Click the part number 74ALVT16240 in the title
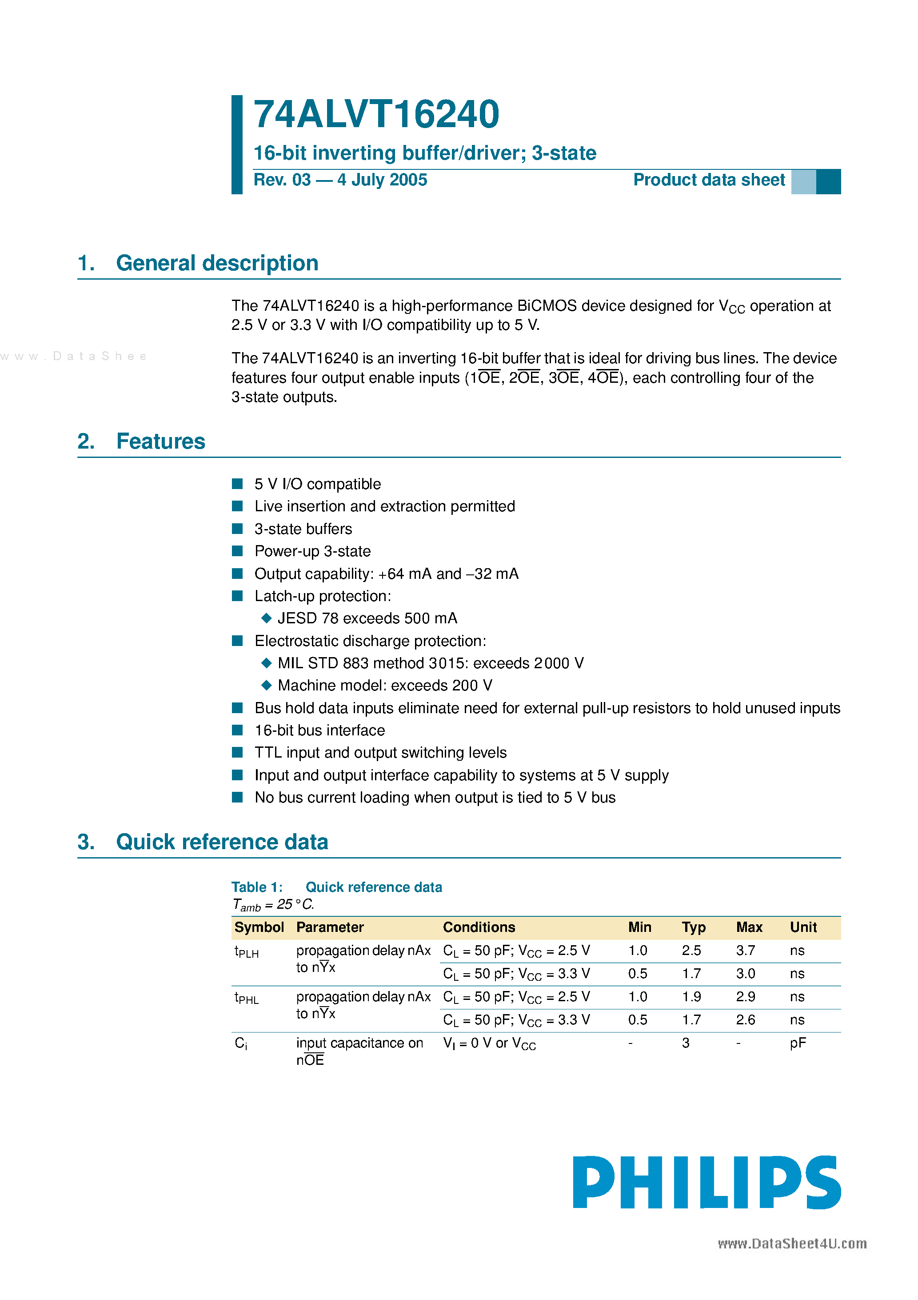click(x=376, y=115)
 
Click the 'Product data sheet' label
click(x=709, y=180)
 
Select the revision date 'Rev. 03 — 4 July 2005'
click(x=340, y=180)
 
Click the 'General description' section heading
click(x=217, y=263)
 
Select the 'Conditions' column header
click(x=479, y=927)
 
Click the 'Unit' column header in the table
click(x=803, y=927)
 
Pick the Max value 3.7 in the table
click(x=746, y=951)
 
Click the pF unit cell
click(x=798, y=1043)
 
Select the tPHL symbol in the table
click(x=246, y=998)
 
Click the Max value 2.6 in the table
click(x=746, y=1020)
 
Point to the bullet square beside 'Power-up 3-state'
click(x=238, y=551)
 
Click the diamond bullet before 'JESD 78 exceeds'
click(x=267, y=618)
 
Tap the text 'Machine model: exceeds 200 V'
click(x=385, y=686)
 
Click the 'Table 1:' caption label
click(x=256, y=887)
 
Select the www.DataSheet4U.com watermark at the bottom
click(x=792, y=1244)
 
